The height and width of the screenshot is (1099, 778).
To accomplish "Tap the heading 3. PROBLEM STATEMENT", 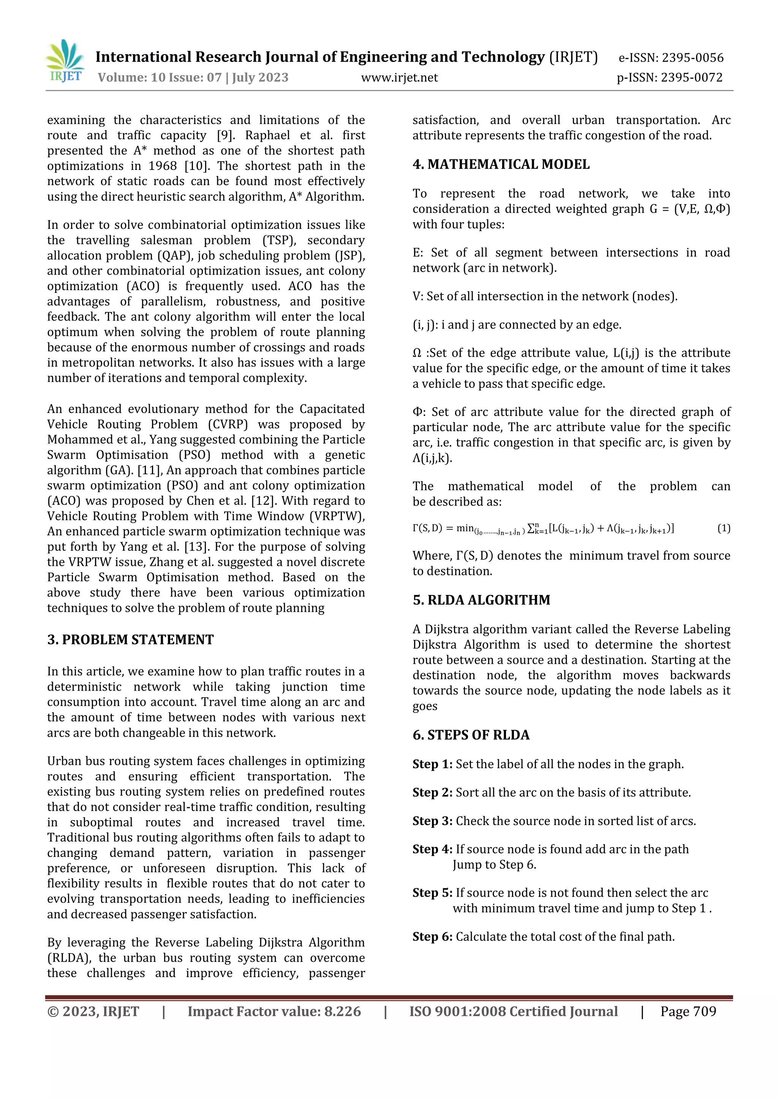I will click(x=130, y=639).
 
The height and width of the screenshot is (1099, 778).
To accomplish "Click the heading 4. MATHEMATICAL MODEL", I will click(x=501, y=164).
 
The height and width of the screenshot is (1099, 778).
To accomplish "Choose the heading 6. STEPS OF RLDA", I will click(x=471, y=735).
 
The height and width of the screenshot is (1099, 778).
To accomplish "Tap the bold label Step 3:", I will click(x=432, y=821).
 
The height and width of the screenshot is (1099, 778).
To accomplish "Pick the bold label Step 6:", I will click(x=432, y=937).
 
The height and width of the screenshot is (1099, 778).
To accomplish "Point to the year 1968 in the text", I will click(x=163, y=166).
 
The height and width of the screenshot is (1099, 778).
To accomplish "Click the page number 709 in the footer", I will click(x=705, y=1011).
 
